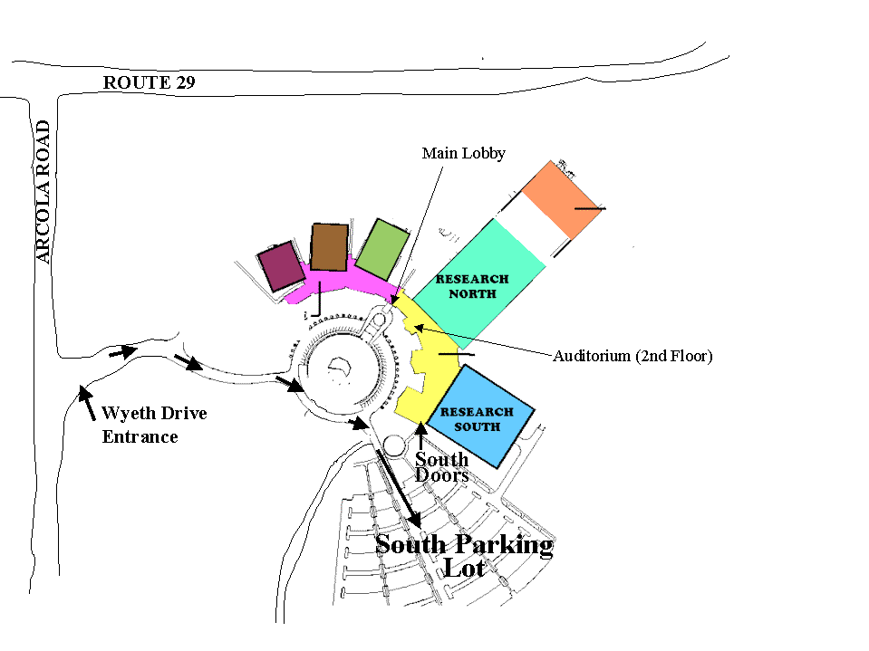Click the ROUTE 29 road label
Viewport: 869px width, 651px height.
pos(149,83)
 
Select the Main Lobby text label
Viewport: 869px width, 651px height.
pos(463,153)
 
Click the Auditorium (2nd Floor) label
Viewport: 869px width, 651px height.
pos(632,356)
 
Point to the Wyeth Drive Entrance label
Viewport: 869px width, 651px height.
pos(154,425)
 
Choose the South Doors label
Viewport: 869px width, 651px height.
pos(442,467)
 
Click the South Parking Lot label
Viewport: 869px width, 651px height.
pos(464,555)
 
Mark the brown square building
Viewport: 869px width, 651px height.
pos(330,246)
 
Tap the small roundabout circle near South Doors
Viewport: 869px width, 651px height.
pos(394,446)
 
